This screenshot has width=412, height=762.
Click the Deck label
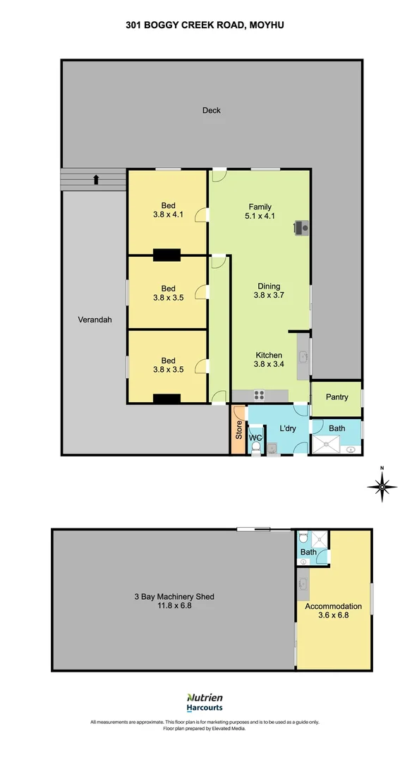pyautogui.click(x=212, y=110)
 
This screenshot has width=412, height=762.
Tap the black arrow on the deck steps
pyautogui.click(x=96, y=180)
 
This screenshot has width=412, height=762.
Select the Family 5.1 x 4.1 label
pyautogui.click(x=260, y=212)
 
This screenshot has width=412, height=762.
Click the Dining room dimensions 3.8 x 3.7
pyautogui.click(x=269, y=295)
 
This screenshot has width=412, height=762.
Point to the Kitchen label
pyautogui.click(x=269, y=355)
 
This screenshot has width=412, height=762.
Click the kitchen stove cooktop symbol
pyautogui.click(x=259, y=396)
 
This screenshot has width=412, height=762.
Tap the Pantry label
pyautogui.click(x=337, y=397)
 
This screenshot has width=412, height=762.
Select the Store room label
pyautogui.click(x=238, y=430)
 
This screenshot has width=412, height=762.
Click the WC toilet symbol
pyautogui.click(x=256, y=446)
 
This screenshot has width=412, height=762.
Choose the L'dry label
pyautogui.click(x=288, y=429)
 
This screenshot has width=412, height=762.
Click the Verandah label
pyautogui.click(x=95, y=320)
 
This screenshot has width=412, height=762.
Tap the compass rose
pyautogui.click(x=382, y=486)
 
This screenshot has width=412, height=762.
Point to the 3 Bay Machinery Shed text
pyautogui.click(x=174, y=597)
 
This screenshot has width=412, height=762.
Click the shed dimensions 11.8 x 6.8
pyautogui.click(x=174, y=605)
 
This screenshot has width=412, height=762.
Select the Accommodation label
pyautogui.click(x=333, y=607)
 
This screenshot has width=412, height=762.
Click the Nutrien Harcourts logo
pyautogui.click(x=205, y=703)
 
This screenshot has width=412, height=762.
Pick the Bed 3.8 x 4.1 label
pyautogui.click(x=168, y=210)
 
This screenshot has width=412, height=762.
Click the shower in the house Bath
pyautogui.click(x=327, y=445)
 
